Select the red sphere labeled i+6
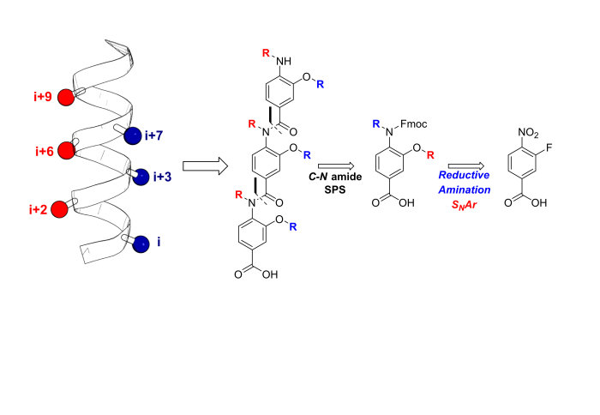65,151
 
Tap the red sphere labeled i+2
59,209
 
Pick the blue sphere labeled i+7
133,135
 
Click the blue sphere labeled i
141,244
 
